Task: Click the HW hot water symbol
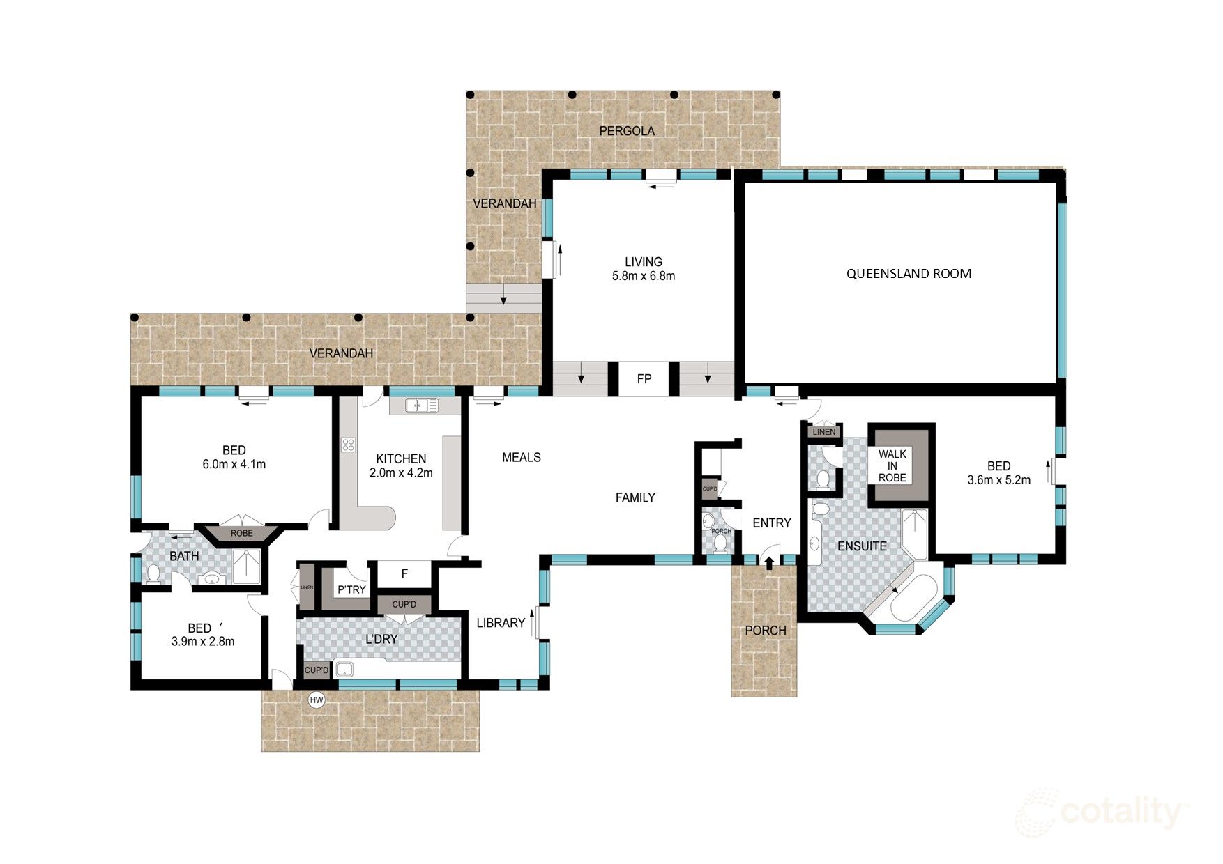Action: pos(317,700)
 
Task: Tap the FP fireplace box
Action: pos(644,379)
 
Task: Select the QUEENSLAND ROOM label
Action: pos(909,274)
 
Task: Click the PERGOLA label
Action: pos(627,131)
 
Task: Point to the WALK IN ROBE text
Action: pos(892,465)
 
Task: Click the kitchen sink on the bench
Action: pos(422,405)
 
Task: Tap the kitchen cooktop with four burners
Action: pos(348,445)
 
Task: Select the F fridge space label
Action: pos(404,574)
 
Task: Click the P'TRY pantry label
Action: pos(351,589)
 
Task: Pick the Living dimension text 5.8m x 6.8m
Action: pos(643,276)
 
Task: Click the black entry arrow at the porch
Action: pos(769,562)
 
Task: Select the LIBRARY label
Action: pos(501,623)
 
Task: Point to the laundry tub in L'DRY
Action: pos(344,670)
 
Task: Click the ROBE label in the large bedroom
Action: pos(241,533)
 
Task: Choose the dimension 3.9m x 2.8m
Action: pos(202,642)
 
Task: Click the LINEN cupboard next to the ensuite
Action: pos(823,432)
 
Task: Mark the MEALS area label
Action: pos(521,457)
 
